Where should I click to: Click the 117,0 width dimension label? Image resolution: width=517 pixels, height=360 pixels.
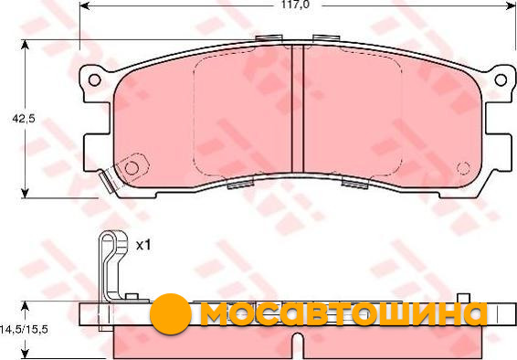295,5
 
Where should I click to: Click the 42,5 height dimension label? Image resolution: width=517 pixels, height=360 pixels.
23,119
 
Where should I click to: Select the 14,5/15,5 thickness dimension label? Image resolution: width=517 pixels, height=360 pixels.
24,329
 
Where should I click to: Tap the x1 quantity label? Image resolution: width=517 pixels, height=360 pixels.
143,245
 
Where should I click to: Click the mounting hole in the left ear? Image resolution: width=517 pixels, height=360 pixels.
95,79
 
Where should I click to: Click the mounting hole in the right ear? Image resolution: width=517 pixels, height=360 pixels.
501,79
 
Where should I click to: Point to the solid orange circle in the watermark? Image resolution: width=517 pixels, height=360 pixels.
171,313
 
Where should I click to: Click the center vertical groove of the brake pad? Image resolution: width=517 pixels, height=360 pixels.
298,109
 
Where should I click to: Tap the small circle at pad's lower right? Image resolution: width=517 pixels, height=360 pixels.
463,168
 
